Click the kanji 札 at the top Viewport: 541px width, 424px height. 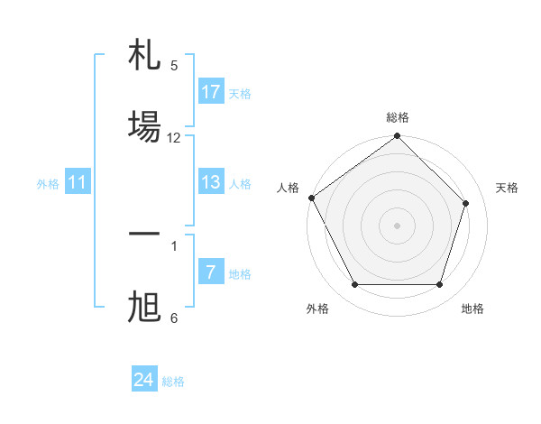(144, 57)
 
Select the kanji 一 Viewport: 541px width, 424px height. (144, 234)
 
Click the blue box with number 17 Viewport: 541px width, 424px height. (211, 91)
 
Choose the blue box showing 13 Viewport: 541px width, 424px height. (211, 182)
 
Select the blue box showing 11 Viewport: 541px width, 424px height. (78, 182)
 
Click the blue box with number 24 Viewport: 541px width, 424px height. (144, 380)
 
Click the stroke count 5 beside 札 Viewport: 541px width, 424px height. (174, 65)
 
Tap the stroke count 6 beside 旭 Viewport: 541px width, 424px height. (174, 318)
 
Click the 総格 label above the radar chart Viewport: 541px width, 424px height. (398, 117)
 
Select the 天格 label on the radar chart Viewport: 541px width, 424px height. (507, 188)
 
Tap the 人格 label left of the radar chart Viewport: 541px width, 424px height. (289, 188)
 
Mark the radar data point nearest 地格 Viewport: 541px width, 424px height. (439, 284)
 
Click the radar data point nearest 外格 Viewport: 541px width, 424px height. (354, 284)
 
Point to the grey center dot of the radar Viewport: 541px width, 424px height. (397, 225)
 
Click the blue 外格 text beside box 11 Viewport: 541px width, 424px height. (48, 183)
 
